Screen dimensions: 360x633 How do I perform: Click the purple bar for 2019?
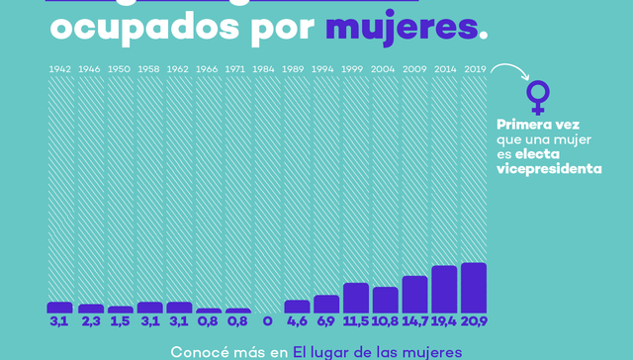(x=474, y=288)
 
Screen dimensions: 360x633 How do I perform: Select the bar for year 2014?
(x=444, y=290)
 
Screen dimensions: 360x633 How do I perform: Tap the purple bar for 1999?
(x=356, y=298)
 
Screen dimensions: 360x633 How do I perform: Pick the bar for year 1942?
(x=60, y=308)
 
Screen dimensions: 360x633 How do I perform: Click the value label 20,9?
(x=474, y=322)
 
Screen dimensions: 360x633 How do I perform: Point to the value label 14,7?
(x=414, y=322)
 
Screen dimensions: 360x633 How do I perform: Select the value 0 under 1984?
(x=267, y=322)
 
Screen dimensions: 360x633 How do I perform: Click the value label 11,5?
(x=356, y=322)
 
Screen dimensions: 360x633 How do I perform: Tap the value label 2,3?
(x=90, y=322)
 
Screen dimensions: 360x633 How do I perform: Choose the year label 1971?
(x=237, y=69)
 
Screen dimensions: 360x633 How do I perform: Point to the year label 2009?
(x=414, y=69)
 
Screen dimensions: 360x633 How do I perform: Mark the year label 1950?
(x=120, y=69)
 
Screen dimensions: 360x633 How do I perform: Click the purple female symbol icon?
(x=537, y=97)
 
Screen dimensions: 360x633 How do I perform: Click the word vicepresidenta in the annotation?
(x=549, y=169)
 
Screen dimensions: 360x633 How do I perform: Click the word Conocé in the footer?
(x=201, y=351)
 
